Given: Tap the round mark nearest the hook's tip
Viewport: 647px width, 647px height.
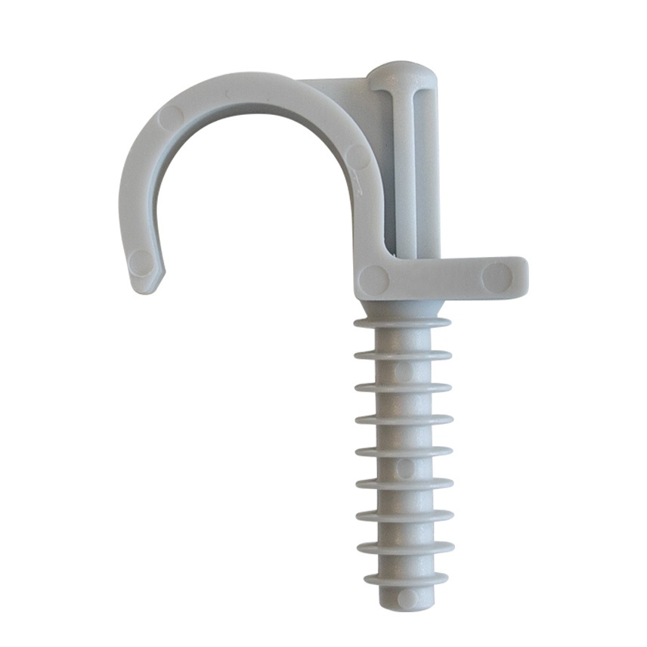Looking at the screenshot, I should coord(141,262).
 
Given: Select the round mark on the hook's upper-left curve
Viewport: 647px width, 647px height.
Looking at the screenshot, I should coord(172,117).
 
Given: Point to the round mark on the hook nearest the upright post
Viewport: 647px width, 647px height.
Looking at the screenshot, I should coord(358,156).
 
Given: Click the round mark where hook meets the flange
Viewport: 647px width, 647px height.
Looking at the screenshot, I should coord(373,280).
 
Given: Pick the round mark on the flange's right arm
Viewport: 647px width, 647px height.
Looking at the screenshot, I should coord(497,277).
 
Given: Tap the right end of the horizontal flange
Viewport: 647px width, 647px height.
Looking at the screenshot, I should coord(522,277).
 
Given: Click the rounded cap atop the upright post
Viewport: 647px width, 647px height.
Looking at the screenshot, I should coord(401,76).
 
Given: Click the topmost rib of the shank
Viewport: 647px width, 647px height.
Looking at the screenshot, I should coord(402,323).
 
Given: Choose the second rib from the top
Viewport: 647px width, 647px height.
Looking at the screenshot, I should coord(403,354).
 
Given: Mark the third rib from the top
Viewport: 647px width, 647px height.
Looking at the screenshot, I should coord(404,387).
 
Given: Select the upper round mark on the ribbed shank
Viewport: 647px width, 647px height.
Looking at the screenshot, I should coord(404,371).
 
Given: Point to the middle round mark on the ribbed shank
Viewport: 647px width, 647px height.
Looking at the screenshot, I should coord(405,468).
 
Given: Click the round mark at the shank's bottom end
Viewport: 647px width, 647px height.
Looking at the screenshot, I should coord(407,598).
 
